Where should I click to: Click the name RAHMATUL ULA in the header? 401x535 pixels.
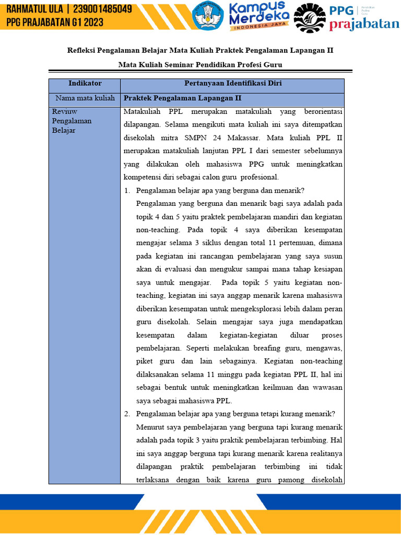[35, 10]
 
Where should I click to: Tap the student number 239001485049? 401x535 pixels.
[102, 10]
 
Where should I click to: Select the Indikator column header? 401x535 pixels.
[85, 84]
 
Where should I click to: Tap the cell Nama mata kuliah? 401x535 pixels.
[85, 98]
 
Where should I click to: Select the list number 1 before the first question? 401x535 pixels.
[127, 190]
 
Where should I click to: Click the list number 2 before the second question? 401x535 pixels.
[127, 414]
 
